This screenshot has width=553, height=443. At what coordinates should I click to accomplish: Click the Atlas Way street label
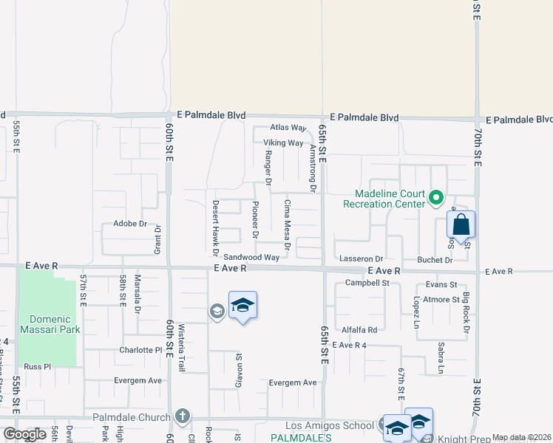[288, 128]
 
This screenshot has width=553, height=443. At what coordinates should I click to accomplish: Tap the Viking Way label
[284, 143]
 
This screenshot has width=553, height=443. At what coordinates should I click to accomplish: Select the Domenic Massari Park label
[50, 324]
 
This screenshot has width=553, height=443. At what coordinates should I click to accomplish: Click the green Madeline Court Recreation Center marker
[435, 197]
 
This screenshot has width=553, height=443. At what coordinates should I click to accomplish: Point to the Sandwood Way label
[251, 258]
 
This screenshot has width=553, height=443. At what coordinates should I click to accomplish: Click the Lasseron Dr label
[361, 259]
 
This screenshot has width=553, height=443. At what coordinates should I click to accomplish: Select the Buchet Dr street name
[434, 260]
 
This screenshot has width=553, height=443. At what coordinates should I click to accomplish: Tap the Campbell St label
[372, 283]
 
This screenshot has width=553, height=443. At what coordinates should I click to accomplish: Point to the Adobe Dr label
[130, 223]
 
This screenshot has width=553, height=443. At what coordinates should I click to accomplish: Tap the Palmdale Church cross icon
[182, 417]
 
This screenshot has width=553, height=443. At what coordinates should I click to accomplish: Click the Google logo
[24, 434]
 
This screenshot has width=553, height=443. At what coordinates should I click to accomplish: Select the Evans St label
[441, 284]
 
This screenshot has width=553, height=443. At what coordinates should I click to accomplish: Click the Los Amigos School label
[330, 426]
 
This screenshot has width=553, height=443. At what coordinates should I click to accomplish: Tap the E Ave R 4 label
[350, 345]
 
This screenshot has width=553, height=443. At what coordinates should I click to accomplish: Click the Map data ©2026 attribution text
[521, 437]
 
